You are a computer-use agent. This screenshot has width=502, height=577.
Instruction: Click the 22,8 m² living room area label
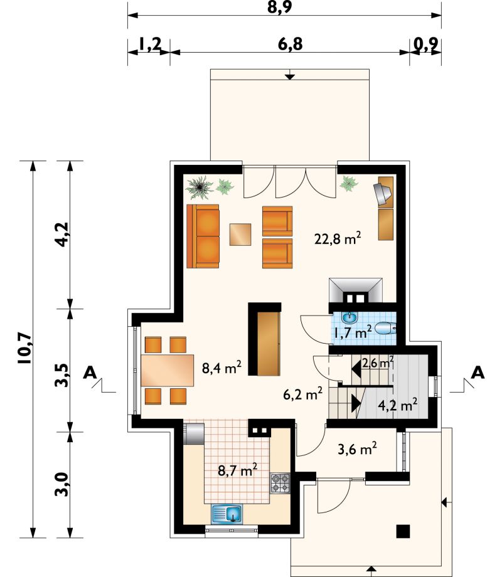coord(338,238)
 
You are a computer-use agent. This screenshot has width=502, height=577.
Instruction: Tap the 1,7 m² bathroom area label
coord(352,332)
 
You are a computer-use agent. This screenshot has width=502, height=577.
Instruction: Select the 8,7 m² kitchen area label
coord(238,470)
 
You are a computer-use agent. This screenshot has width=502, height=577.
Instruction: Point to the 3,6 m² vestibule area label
coord(357,448)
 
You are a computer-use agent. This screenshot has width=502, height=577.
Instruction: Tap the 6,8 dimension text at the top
coord(291,44)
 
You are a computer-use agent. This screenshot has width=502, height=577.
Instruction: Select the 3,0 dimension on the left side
coord(61,484)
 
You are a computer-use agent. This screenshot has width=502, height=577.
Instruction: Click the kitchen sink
coord(227,514)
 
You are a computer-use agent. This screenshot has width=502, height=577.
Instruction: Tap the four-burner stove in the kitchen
coord(280,483)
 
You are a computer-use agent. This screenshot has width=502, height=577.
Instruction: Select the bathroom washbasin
coord(349,317)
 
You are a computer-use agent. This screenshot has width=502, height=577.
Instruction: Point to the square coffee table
coord(240,235)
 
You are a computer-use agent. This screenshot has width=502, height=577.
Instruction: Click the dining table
coord(168,370)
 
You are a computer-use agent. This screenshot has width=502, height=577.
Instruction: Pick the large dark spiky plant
coord(200,188)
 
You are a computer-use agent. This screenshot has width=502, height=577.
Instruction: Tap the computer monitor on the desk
coord(382,193)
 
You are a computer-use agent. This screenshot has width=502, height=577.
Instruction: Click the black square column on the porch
coord(403,531)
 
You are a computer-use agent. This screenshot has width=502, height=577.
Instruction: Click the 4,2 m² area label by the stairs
coord(398,405)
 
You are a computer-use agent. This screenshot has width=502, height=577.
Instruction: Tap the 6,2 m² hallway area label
coord(303,394)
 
